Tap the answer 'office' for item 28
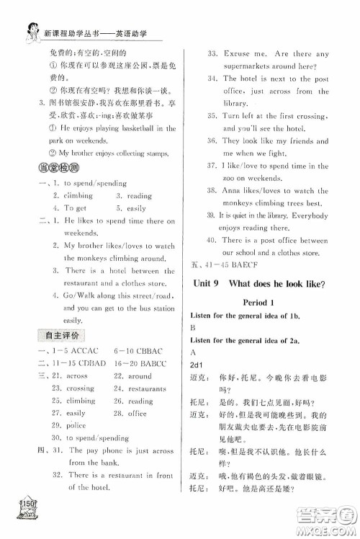tap(138, 414)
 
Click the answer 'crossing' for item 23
tap(81, 388)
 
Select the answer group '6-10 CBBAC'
tap(143, 352)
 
